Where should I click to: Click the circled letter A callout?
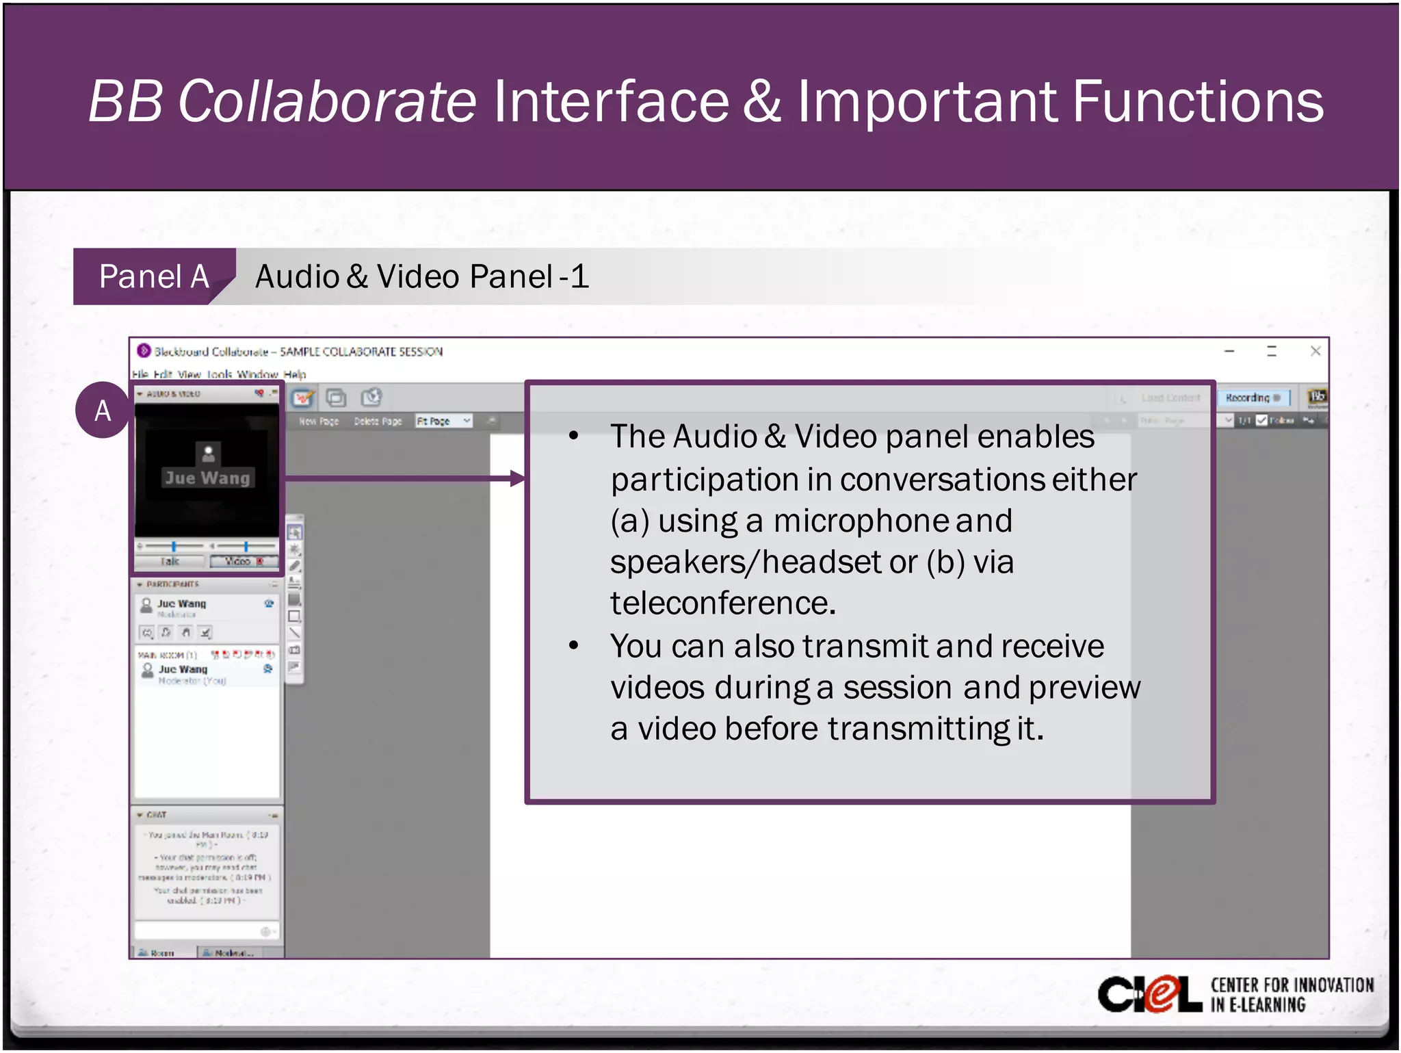point(103,411)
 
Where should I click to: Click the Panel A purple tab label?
point(153,277)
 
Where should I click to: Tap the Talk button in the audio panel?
point(170,562)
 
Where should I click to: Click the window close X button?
point(1315,352)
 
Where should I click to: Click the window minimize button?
point(1229,352)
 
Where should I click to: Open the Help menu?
point(295,374)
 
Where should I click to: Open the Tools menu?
point(220,374)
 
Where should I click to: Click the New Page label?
point(319,421)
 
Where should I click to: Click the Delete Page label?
point(378,421)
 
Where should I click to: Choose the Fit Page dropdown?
point(444,421)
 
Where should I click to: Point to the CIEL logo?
point(1149,994)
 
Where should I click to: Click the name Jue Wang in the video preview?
point(207,478)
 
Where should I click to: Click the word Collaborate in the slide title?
point(327,101)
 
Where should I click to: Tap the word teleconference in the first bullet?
point(722,604)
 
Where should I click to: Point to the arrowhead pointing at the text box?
point(518,478)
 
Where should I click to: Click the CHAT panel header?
point(156,815)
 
